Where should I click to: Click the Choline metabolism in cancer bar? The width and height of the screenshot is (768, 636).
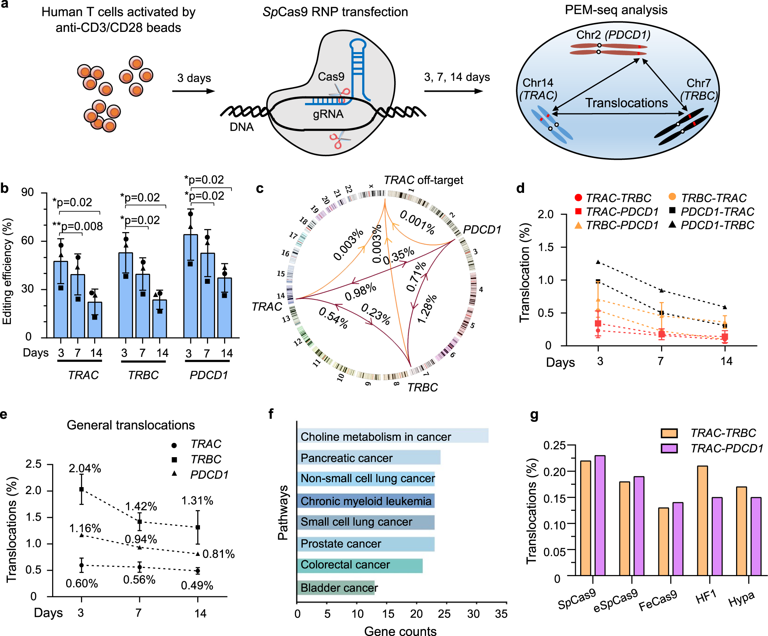click(392, 436)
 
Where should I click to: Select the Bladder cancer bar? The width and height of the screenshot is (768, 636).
click(336, 587)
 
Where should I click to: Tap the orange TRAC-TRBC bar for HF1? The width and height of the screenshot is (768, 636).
click(702, 521)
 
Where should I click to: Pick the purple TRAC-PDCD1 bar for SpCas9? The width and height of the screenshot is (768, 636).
click(600, 515)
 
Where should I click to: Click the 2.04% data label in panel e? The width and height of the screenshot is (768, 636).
click(85, 468)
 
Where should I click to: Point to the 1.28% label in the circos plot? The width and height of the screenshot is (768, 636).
click(427, 309)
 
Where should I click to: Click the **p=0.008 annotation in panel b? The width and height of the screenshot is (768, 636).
click(78, 226)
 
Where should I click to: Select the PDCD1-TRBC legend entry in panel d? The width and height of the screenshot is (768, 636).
click(712, 225)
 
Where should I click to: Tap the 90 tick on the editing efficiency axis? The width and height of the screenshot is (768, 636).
click(28, 192)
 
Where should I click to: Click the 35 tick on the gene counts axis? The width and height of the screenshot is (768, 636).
click(501, 614)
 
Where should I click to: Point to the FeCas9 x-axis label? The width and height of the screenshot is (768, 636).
click(658, 600)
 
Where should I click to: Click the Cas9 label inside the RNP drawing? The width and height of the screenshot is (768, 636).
click(331, 77)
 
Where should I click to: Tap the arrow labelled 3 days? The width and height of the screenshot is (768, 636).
click(193, 91)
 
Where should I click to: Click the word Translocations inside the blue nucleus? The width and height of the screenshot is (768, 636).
click(626, 103)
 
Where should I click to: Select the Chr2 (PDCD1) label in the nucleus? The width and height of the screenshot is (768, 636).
click(613, 35)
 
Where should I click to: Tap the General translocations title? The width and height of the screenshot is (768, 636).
click(131, 425)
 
